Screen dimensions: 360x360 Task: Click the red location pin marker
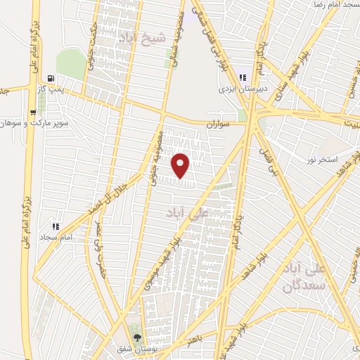point(181,165)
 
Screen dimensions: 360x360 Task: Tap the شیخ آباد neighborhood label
point(143,38)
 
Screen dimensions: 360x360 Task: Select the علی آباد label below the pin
point(187,212)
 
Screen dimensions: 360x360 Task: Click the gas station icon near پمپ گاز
point(49,79)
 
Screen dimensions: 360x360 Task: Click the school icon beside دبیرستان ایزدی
point(243,78)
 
